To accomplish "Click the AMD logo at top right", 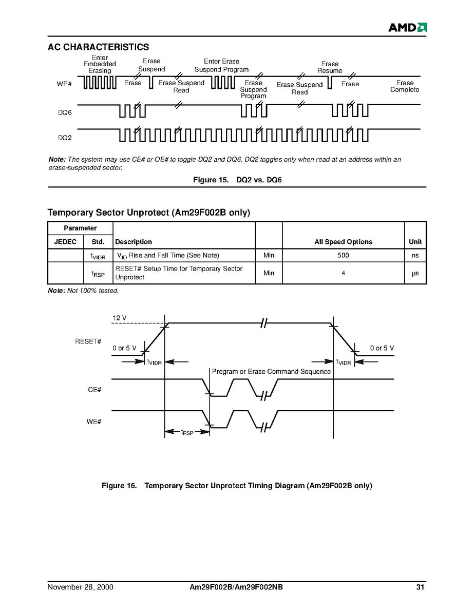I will click(x=407, y=27).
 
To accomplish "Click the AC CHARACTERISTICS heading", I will click(x=98, y=47).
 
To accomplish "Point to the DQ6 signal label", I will click(x=64, y=111).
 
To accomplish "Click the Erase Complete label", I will click(x=405, y=86).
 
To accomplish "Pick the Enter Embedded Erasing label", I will click(x=100, y=64).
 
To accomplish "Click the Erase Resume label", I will click(x=330, y=67).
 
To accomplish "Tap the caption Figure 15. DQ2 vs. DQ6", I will click(x=237, y=180).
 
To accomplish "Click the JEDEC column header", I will click(x=65, y=242).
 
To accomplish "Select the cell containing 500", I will click(x=343, y=255).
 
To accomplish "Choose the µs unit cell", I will click(x=415, y=273).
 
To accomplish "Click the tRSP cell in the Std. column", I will click(x=98, y=274).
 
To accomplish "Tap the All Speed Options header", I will click(x=343, y=242).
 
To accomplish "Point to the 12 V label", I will click(x=119, y=318).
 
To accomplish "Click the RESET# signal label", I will click(x=88, y=341).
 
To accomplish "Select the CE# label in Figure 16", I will click(x=94, y=390).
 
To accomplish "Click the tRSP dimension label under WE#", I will click(x=187, y=433).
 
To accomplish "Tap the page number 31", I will click(x=420, y=587).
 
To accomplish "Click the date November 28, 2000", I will click(x=81, y=587).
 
